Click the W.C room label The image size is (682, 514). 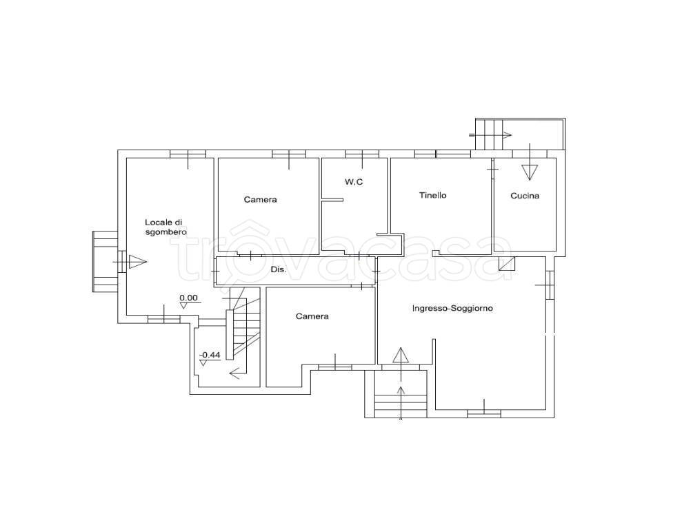tap(354, 182)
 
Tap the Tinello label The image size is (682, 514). tap(433, 196)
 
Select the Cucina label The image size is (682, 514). tap(525, 196)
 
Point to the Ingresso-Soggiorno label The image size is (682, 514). tap(452, 309)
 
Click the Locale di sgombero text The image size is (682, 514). tap(166, 227)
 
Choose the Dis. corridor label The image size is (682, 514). tap(279, 269)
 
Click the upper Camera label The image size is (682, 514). tap(260, 200)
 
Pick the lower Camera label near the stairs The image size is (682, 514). tap(312, 316)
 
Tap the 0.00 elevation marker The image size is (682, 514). tap(188, 298)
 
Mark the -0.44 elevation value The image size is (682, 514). tap(210, 355)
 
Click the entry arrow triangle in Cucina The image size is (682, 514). tap(530, 172)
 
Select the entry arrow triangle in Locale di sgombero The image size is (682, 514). tap(138, 262)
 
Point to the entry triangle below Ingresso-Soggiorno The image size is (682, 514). tap(401, 356)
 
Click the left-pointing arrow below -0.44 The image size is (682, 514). tap(237, 373)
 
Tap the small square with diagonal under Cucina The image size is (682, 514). tap(506, 264)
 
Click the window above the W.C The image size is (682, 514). tap(362, 154)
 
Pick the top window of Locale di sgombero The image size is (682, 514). tap(188, 154)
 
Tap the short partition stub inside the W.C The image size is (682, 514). tap(332, 200)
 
